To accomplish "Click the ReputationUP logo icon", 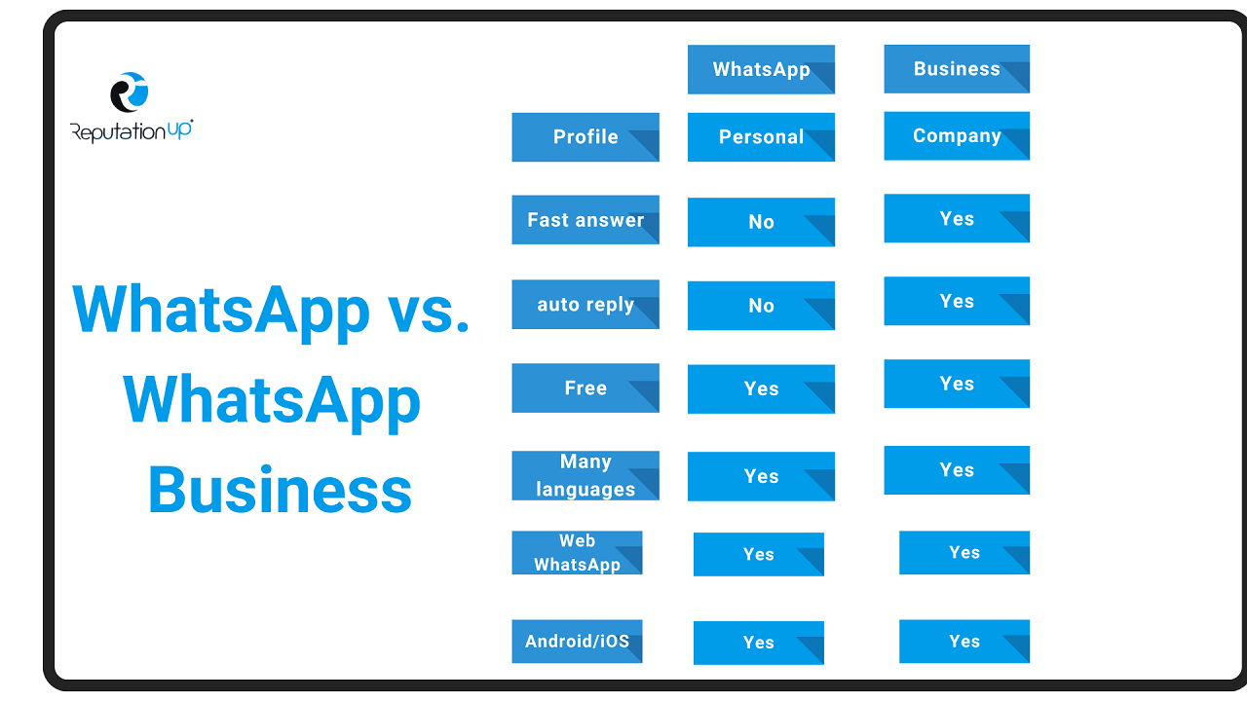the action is pyautogui.click(x=130, y=92).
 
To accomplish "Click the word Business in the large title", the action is pyautogui.click(x=280, y=490).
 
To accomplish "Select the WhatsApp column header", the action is pyautogui.click(x=761, y=69).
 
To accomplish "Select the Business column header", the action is pyautogui.click(x=957, y=69).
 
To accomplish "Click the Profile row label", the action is pyautogui.click(x=586, y=137).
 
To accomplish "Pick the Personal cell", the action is pyautogui.click(x=761, y=137).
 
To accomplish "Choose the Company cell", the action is pyautogui.click(x=957, y=135).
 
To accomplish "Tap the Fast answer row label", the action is pyautogui.click(x=586, y=220).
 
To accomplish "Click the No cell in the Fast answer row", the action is pyautogui.click(x=761, y=222).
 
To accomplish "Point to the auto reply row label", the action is pyautogui.click(x=586, y=305).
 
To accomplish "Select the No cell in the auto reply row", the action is pyautogui.click(x=761, y=306).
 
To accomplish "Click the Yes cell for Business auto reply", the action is pyautogui.click(x=957, y=301).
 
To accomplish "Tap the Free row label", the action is pyautogui.click(x=586, y=387).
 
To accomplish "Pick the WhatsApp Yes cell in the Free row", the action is pyautogui.click(x=761, y=388).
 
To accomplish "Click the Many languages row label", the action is pyautogui.click(x=586, y=476).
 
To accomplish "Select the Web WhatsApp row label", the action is pyautogui.click(x=578, y=552).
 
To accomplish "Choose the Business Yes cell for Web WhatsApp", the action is pyautogui.click(x=964, y=552).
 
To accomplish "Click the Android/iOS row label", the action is pyautogui.click(x=578, y=642).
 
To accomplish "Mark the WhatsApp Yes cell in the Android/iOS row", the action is pyautogui.click(x=758, y=643).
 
